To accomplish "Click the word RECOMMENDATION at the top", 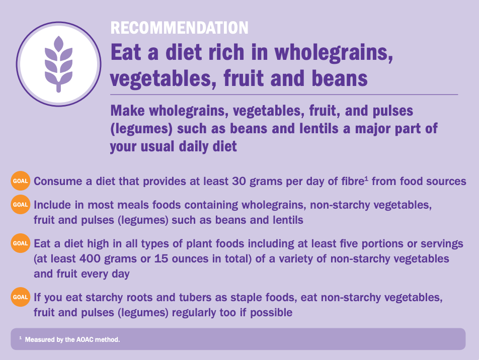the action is pos(179,28).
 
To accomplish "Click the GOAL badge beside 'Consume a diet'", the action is pos(21,181).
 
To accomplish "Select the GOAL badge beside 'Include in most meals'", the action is pos(21,204).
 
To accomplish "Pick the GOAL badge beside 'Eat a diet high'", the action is pos(21,243).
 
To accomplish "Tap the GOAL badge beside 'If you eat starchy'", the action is pos(21,297).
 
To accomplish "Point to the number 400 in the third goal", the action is pos(90,259).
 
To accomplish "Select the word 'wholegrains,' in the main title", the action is pos(334,52).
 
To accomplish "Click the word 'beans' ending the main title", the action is pos(340,78).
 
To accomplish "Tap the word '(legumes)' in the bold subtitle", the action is pos(141,129).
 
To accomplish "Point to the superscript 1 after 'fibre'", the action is pos(366,178).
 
